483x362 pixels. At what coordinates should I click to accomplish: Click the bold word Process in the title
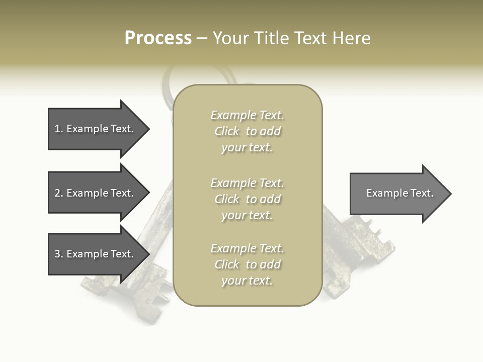[x=158, y=38]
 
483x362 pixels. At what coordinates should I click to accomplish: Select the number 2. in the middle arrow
[x=58, y=193]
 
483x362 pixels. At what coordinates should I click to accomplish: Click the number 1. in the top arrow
[x=58, y=129]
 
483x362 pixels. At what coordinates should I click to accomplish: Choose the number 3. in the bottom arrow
[x=58, y=254]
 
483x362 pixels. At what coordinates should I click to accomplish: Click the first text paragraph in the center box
[x=247, y=131]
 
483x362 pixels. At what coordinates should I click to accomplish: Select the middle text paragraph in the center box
[x=247, y=199]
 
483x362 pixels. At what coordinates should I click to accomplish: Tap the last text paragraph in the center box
[x=247, y=264]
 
